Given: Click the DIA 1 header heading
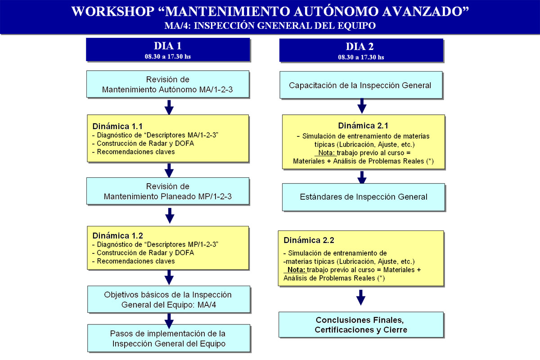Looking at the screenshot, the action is (x=167, y=46).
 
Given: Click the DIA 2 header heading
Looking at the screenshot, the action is (x=360, y=46).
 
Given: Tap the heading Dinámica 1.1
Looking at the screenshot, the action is (x=117, y=126).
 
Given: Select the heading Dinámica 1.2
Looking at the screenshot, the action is (x=117, y=235).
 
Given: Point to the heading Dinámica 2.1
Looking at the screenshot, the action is (x=363, y=126).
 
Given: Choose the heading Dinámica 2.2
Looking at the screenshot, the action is (x=309, y=240).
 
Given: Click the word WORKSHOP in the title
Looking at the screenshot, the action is (x=113, y=11).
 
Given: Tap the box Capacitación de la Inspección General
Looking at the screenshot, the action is (x=361, y=85).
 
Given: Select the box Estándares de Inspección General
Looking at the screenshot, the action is (x=363, y=197).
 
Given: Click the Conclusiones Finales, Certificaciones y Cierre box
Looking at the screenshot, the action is (x=361, y=324).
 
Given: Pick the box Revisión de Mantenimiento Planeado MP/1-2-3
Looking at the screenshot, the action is (x=168, y=191).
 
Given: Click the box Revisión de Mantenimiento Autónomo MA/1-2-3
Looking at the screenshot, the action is (x=168, y=84).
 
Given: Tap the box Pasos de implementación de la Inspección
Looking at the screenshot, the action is (x=169, y=338).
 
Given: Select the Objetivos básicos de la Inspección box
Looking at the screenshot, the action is (x=169, y=299).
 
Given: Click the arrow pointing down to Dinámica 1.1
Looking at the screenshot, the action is (x=169, y=107).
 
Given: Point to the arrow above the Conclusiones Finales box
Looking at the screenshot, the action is (x=360, y=297).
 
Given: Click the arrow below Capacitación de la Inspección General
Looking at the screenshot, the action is (x=362, y=106).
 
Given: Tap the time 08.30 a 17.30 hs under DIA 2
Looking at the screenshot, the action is (x=361, y=57).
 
